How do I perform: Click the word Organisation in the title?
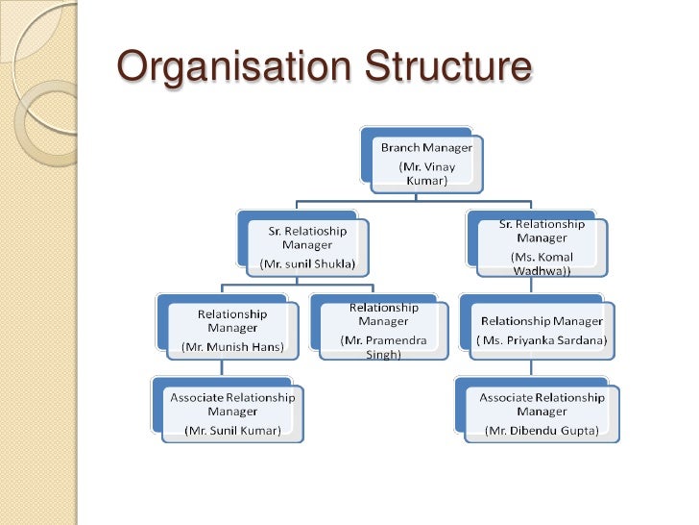(x=229, y=67)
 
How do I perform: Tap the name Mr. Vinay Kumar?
(x=427, y=173)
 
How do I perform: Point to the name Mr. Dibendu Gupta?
(x=542, y=430)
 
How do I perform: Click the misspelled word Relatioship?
(x=307, y=231)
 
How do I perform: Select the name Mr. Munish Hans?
(x=232, y=346)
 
